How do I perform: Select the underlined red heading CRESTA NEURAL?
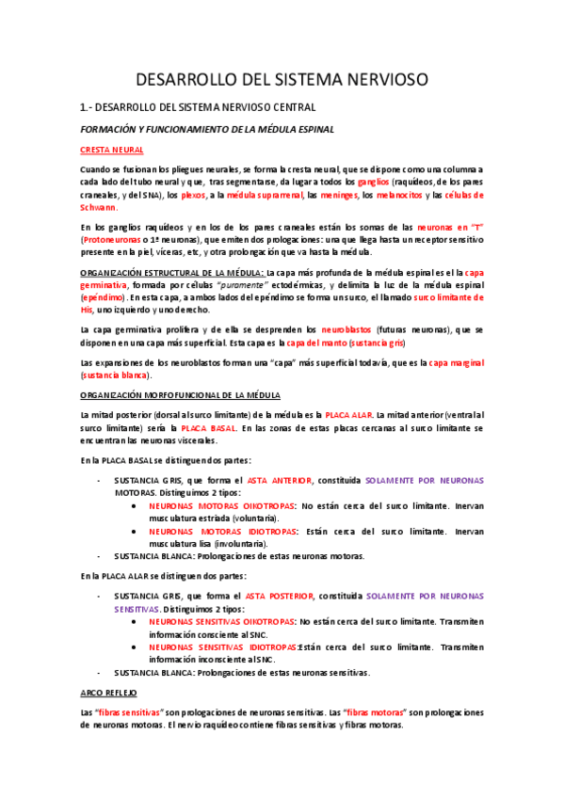pos(111,150)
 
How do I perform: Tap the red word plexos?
pos(194,195)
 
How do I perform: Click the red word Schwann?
pos(98,207)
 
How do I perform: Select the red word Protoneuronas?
pos(112,240)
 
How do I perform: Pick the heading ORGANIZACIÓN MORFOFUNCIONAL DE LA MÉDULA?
pos(173,394)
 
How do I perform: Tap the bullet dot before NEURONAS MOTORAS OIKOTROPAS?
pos(136,505)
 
